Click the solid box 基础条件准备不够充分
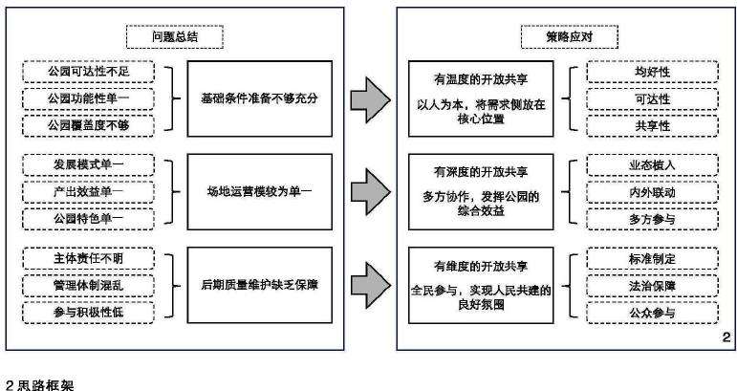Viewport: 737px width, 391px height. point(257,98)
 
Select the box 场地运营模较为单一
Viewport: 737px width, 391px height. point(257,191)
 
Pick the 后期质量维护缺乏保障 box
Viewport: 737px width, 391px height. point(257,286)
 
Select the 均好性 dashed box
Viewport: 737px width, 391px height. point(650,72)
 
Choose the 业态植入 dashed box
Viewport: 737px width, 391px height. point(650,164)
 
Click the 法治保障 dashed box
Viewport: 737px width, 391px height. point(650,286)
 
